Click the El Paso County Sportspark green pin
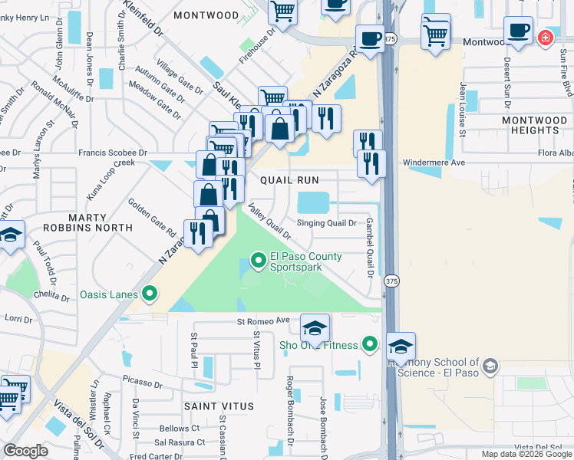pos(259,263)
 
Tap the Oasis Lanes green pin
pos(150,294)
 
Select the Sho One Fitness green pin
pos(371,345)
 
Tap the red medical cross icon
pos(546,37)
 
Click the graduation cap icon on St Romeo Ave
pos(315,328)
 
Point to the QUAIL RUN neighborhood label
pos(289,179)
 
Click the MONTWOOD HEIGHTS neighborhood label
pos(534,126)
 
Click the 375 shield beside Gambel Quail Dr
pos(391,280)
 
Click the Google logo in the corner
pos(25,451)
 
